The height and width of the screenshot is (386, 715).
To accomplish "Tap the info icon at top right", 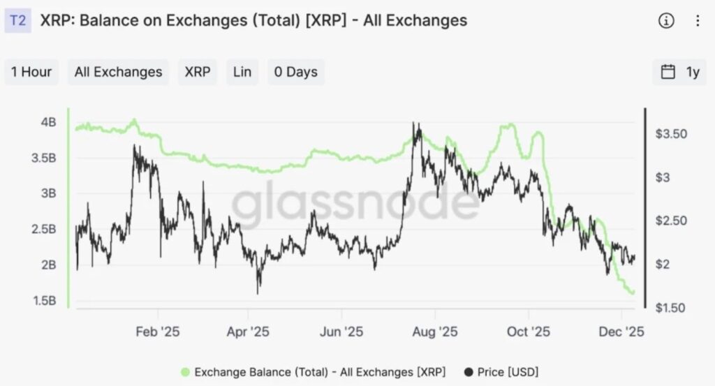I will pyautogui.click(x=666, y=21).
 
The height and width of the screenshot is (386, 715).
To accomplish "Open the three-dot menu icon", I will pyautogui.click(x=697, y=21).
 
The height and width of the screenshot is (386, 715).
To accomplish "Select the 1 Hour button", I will pyautogui.click(x=31, y=72).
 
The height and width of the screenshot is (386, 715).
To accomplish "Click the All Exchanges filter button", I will pyautogui.click(x=118, y=72).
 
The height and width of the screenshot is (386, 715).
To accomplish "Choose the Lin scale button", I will pyautogui.click(x=242, y=72).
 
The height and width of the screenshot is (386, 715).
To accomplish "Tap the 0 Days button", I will pyautogui.click(x=295, y=72).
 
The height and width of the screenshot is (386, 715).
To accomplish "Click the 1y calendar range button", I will pyautogui.click(x=679, y=72).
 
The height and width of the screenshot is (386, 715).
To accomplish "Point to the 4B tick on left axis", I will pyautogui.click(x=48, y=122).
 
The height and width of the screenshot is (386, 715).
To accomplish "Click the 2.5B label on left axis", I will pyautogui.click(x=45, y=229).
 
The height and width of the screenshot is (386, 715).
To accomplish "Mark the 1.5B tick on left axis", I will pyautogui.click(x=45, y=301).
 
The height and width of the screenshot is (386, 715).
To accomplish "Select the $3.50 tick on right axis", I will pyautogui.click(x=672, y=134).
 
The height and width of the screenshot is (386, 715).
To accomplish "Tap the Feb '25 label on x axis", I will pyautogui.click(x=159, y=332).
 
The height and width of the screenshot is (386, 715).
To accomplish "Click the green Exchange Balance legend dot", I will pyautogui.click(x=185, y=371).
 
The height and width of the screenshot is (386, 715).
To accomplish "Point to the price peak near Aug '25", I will pyautogui.click(x=417, y=125).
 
